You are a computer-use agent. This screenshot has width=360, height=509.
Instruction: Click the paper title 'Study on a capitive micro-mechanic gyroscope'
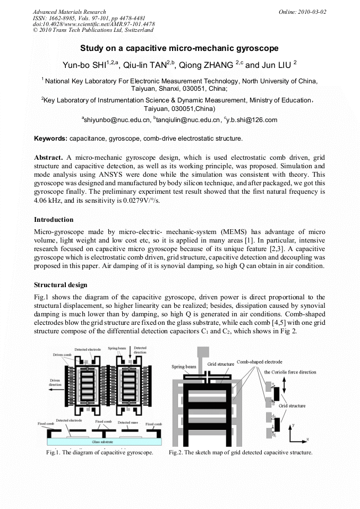tap(179, 48)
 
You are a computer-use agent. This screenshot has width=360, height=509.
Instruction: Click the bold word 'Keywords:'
tap(50, 139)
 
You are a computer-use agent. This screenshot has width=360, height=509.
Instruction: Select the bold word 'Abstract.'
tap(49, 158)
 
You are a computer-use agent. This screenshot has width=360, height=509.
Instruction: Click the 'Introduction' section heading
tap(54, 219)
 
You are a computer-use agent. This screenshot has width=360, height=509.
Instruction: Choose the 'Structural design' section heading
tap(61, 285)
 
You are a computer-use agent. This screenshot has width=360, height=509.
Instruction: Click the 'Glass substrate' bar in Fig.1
tap(104, 441)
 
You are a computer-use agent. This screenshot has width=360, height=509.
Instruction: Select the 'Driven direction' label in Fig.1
tap(55, 383)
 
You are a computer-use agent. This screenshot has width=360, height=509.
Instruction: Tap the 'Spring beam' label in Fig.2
tap(184, 367)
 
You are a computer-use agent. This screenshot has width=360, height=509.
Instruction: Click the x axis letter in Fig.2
tap(307, 439)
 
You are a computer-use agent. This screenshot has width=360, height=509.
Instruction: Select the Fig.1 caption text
tap(100, 453)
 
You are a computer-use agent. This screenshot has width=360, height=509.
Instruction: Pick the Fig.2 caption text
tap(241, 453)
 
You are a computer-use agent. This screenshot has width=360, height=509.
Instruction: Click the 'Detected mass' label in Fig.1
tap(127, 422)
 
